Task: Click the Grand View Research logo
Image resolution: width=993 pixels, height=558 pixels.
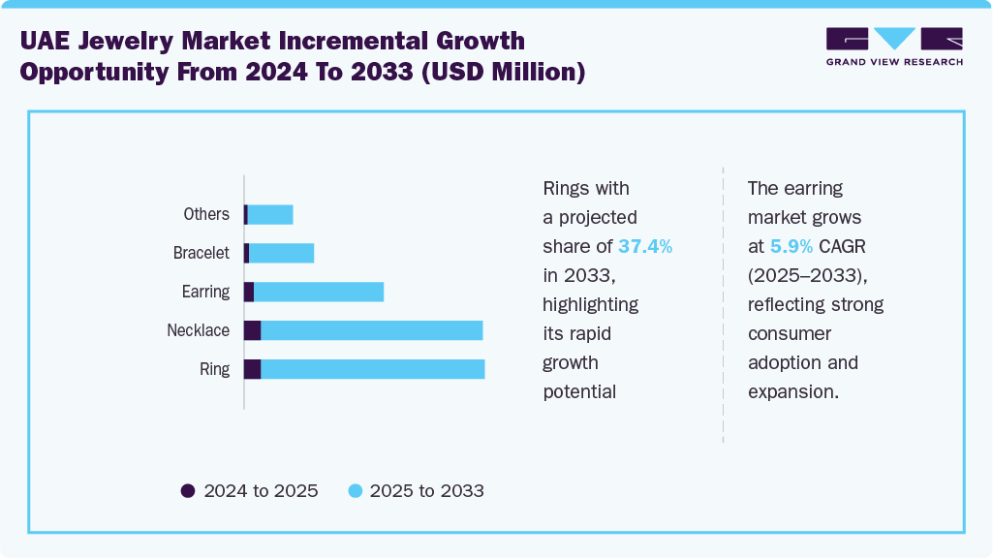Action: point(893,46)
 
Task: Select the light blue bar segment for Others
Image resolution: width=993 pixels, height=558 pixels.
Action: point(270,215)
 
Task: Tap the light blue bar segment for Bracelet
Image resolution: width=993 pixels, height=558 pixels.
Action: point(282,254)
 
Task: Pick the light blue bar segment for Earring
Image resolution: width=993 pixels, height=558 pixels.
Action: point(319,292)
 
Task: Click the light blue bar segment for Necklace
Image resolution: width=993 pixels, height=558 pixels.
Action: point(372,330)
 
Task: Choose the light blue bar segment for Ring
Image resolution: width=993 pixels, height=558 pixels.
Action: point(373,369)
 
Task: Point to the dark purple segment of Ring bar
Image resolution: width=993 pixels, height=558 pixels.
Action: point(252,369)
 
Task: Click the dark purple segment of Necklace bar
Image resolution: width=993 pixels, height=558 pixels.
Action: point(252,330)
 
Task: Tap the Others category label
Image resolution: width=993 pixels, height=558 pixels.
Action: point(206,214)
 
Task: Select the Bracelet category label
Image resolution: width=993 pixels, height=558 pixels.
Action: point(202,253)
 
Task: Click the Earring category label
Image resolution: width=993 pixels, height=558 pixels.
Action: point(205,292)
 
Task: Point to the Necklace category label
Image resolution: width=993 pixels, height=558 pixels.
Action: point(198,330)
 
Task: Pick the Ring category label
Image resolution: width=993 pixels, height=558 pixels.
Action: point(214,369)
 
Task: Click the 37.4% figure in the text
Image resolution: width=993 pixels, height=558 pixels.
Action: point(645,246)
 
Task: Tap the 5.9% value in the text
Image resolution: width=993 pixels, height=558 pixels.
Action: point(791,246)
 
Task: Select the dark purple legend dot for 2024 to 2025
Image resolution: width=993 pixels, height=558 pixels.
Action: point(188,491)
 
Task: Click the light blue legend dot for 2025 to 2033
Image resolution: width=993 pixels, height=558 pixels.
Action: point(355,491)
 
